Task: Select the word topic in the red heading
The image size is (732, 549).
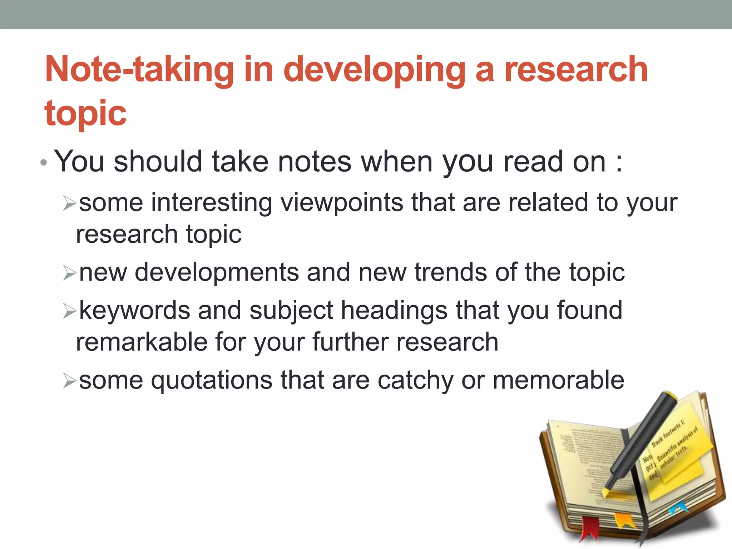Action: tap(85, 114)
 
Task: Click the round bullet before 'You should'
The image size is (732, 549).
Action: tap(44, 163)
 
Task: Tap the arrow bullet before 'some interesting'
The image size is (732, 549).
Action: tap(69, 203)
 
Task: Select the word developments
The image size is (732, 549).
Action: tap(217, 272)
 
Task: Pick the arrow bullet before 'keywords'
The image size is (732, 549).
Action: tap(69, 311)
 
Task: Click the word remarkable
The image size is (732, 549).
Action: tap(142, 342)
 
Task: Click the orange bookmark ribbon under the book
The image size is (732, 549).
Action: tap(624, 520)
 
